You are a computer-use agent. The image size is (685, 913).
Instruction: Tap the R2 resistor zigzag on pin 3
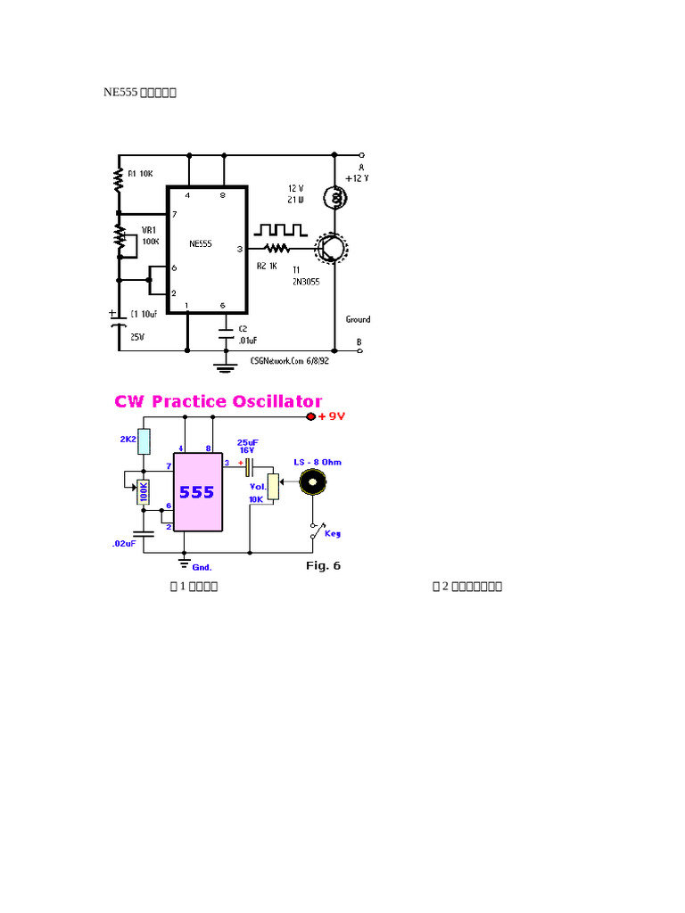[276, 249]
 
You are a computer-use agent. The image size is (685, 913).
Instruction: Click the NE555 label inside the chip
[201, 243]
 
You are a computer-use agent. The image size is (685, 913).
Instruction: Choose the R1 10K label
[140, 173]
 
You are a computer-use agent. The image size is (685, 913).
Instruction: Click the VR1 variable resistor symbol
[119, 236]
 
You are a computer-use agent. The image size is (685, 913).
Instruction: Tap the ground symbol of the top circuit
[224, 363]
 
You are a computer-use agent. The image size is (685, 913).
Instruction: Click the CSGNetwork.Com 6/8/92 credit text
[290, 362]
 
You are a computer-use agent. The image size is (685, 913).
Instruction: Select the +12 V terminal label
[357, 178]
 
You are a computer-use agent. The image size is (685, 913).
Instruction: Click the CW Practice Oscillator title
[219, 401]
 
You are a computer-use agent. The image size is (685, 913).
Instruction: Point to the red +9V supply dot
[311, 416]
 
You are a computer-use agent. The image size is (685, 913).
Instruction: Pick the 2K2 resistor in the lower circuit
[144, 441]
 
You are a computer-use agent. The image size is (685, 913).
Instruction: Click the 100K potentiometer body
[143, 492]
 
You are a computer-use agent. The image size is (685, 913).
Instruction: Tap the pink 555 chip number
[197, 492]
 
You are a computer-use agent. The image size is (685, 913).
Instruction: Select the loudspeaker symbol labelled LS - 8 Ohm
[313, 482]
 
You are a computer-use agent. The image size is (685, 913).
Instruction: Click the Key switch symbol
[315, 531]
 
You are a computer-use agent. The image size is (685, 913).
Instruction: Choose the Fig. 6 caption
[323, 565]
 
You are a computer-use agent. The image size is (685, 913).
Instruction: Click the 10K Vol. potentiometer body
[274, 487]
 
